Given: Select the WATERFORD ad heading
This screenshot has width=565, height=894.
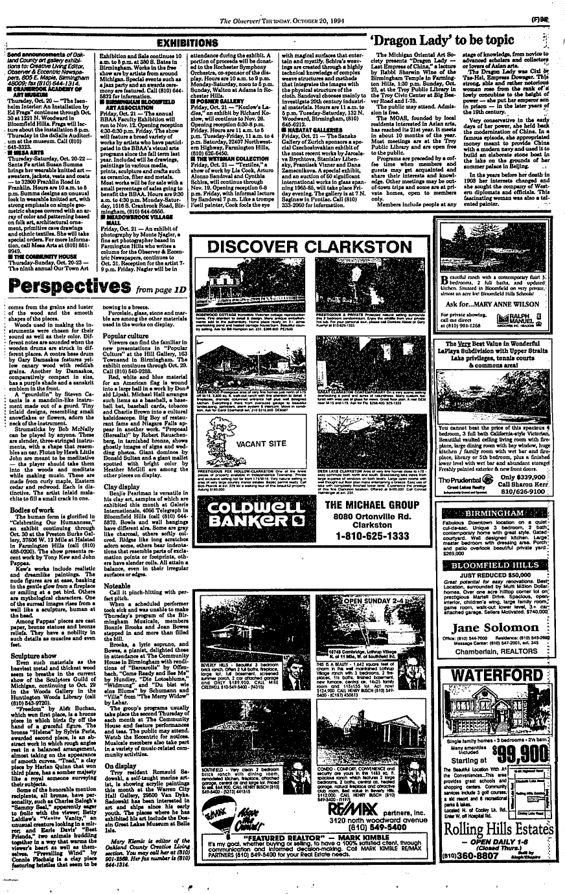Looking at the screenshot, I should (x=491, y=676).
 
